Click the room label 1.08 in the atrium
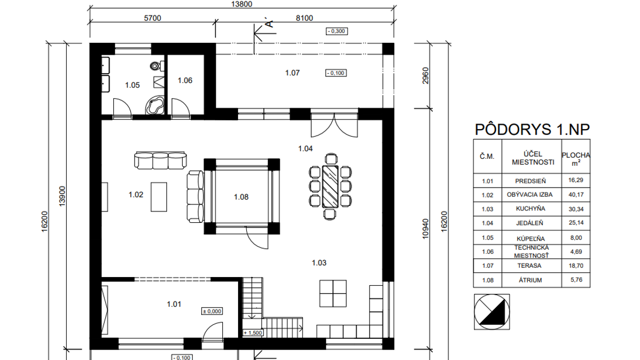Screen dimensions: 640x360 pyautogui.click(x=241, y=197)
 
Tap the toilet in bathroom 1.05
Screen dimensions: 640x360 pyautogui.click(x=156, y=65)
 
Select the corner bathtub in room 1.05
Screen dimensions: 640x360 pyautogui.click(x=155, y=105)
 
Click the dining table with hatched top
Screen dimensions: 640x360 pyautogui.click(x=330, y=186)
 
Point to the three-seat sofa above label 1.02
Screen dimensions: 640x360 pyautogui.click(x=161, y=160)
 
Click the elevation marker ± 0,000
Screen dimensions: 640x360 pyautogui.click(x=212, y=311)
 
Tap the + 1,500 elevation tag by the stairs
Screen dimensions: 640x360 pyautogui.click(x=253, y=333)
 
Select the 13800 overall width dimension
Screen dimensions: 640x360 pyautogui.click(x=242, y=4)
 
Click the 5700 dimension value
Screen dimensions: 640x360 pyautogui.click(x=152, y=18)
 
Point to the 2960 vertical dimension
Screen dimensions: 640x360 pyautogui.click(x=425, y=75)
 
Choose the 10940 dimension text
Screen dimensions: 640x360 pyautogui.click(x=425, y=229)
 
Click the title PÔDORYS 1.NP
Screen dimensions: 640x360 pyautogui.click(x=532, y=130)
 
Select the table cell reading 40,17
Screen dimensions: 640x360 pyautogui.click(x=576, y=195)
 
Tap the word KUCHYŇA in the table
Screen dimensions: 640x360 pyautogui.click(x=530, y=209)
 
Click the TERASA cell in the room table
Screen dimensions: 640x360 pyautogui.click(x=529, y=266)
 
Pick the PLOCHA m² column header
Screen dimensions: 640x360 pyautogui.click(x=576, y=159)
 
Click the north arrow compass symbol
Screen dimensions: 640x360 pyautogui.click(x=492, y=312)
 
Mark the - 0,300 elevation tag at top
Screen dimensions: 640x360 pyautogui.click(x=337, y=31)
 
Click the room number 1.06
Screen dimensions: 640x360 pyautogui.click(x=185, y=80)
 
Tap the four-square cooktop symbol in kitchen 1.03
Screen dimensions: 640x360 pyautogui.click(x=333, y=293)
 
